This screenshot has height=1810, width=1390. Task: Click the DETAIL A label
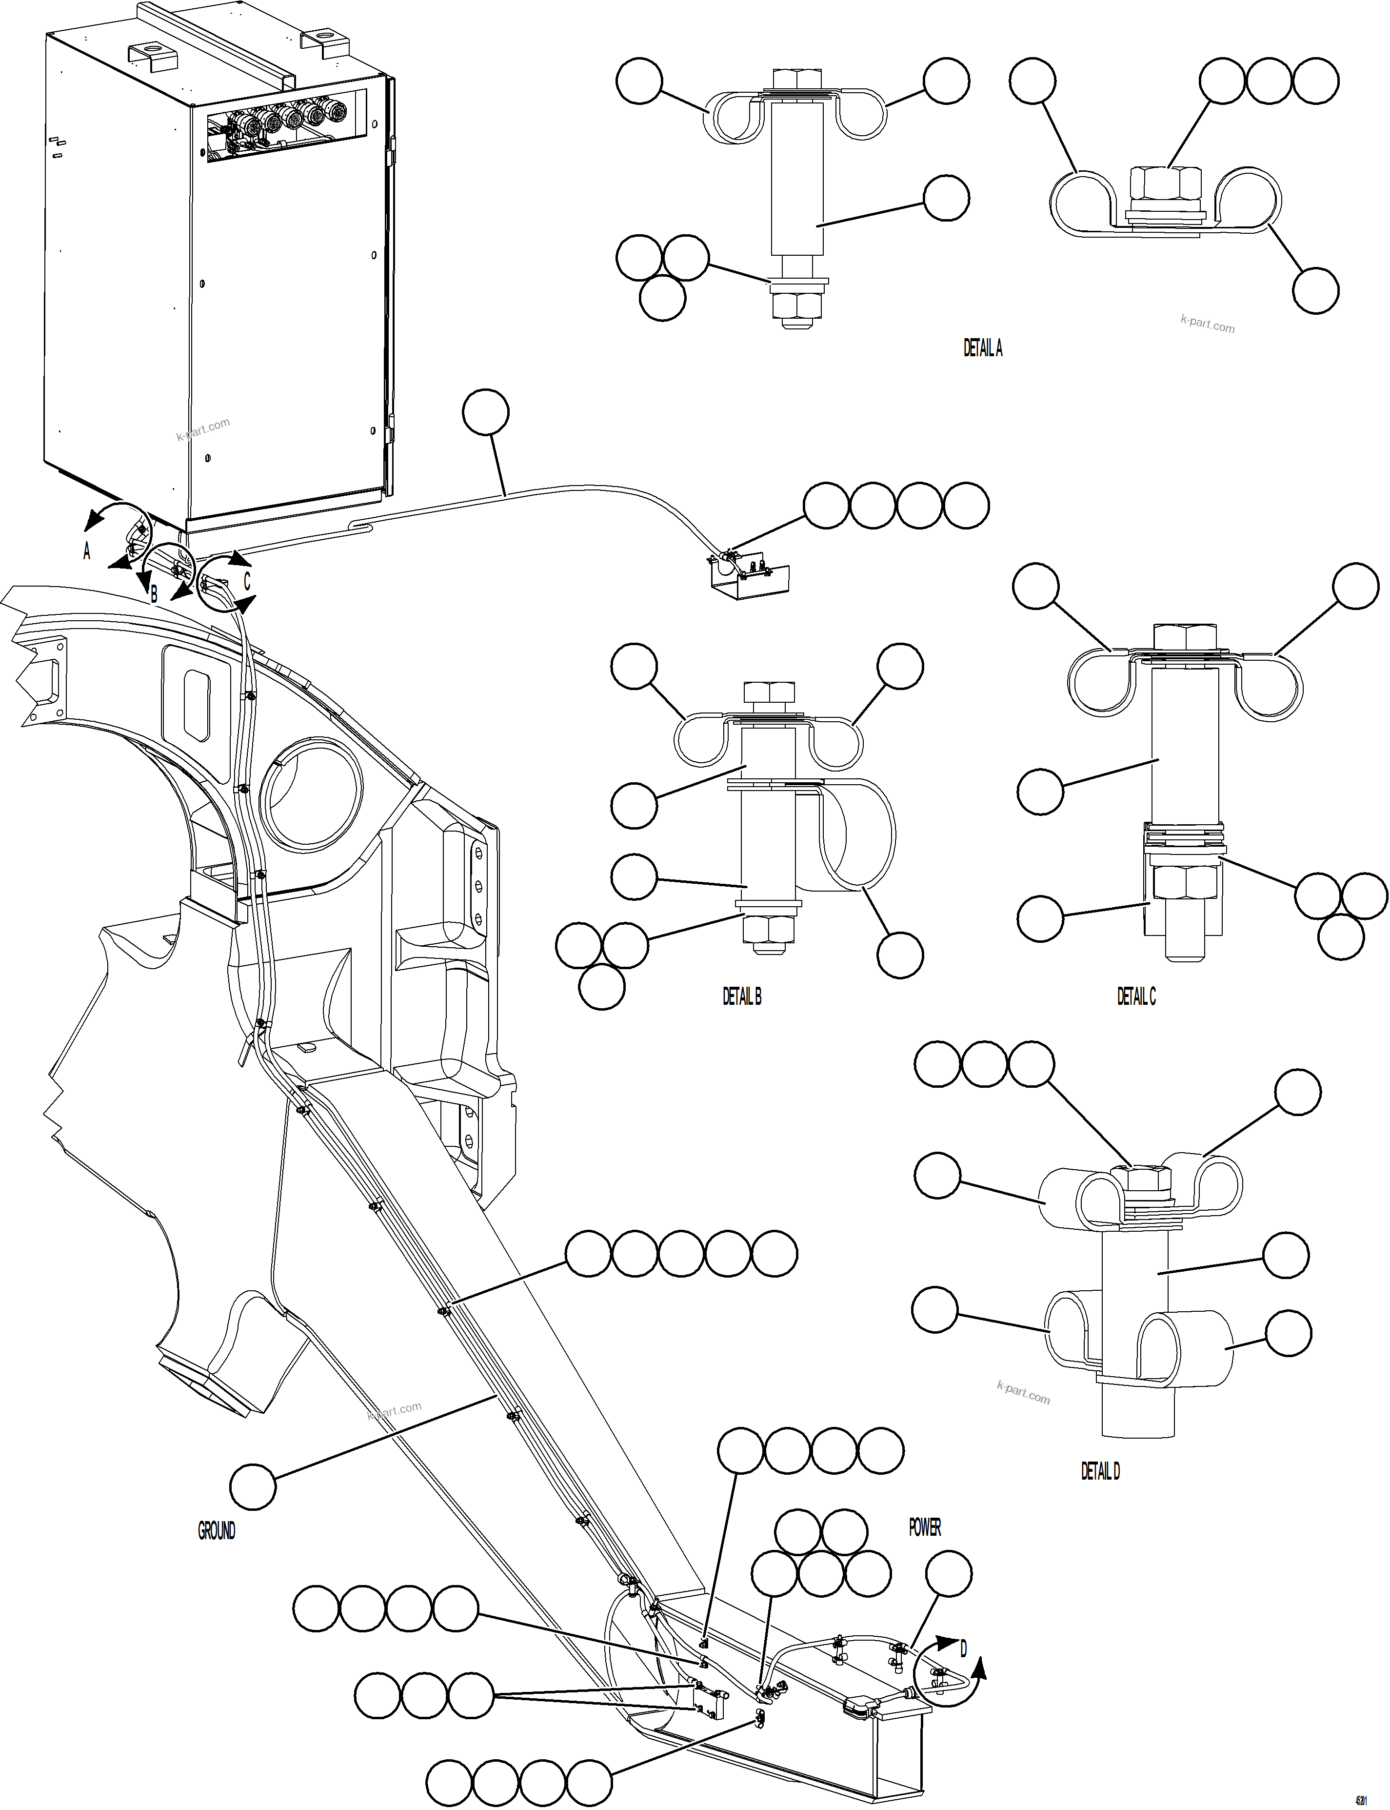[982, 348]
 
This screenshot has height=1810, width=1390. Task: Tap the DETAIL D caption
[1100, 1471]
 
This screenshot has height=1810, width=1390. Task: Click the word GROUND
[216, 1531]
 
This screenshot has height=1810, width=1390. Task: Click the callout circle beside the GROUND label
[252, 1487]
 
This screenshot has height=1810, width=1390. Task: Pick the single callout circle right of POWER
[948, 1573]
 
